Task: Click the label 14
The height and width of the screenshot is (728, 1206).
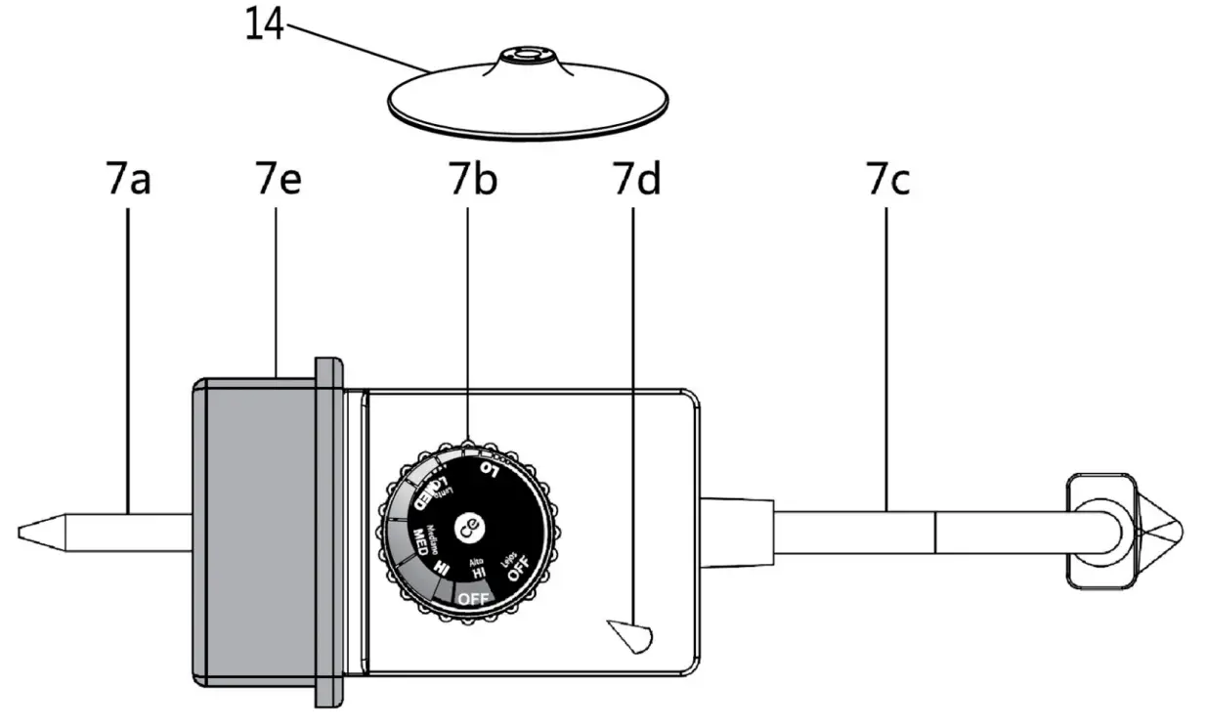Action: [264, 24]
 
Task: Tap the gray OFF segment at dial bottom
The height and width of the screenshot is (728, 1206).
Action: [476, 595]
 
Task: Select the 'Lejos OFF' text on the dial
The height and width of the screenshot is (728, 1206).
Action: [514, 567]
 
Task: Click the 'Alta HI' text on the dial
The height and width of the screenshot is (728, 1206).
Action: [479, 570]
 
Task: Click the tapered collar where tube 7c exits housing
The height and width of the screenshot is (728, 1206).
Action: [737, 532]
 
